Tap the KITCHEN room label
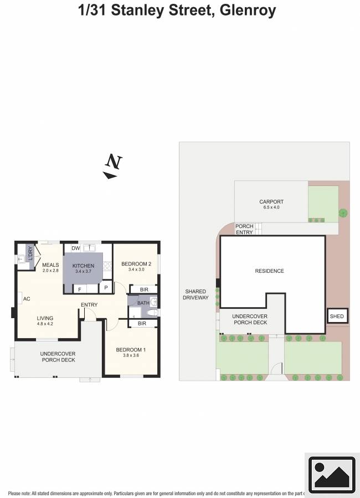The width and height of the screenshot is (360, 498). coord(84,266)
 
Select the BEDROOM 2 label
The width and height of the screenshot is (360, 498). coord(136,263)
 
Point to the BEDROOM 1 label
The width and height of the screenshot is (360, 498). coord(131,350)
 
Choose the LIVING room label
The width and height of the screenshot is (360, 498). coord(45,318)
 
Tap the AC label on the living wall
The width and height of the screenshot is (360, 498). coord(26,299)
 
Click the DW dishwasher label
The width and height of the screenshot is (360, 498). coord(75,248)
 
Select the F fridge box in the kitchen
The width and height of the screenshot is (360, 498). coord(80,289)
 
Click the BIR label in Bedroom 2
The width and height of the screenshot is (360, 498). coord(143,289)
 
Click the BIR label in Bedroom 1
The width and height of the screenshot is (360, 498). coord(142,323)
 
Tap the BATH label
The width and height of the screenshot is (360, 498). coord(143,303)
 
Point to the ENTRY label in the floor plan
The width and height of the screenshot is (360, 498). coord(89,305)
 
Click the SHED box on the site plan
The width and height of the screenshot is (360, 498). coord(337,317)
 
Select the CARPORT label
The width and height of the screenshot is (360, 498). coord(271,202)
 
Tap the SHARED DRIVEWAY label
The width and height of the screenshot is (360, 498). coord(196,294)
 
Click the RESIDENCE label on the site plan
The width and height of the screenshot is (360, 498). coord(269,271)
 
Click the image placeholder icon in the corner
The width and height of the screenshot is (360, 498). coord(331,474)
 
